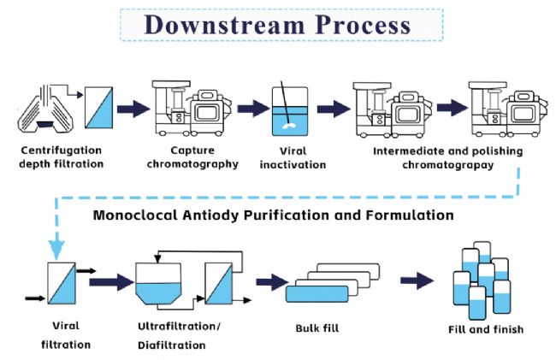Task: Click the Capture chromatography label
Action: pyautogui.click(x=193, y=157)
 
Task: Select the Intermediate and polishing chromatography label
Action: pyautogui.click(x=447, y=157)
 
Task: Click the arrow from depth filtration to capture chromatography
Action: pyautogui.click(x=132, y=109)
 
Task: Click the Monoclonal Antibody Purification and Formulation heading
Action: pyautogui.click(x=273, y=215)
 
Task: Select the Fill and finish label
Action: pyautogui.click(x=485, y=329)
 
